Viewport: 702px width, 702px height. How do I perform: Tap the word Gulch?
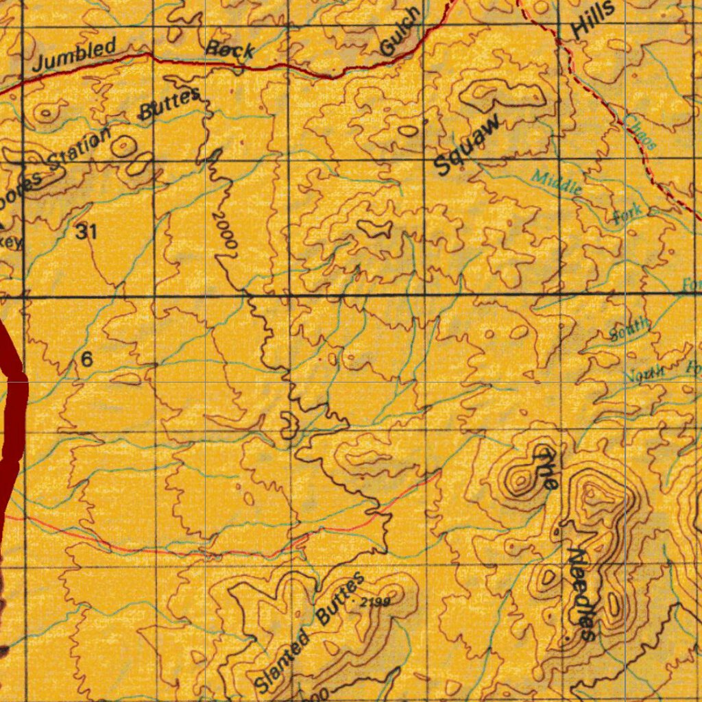[400, 32]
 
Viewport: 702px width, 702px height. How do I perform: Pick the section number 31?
[86, 232]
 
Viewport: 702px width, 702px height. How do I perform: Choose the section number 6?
[86, 359]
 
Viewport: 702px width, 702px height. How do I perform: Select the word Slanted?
[282, 662]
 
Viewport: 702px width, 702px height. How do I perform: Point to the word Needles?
[581, 594]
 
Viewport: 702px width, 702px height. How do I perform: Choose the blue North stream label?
[644, 374]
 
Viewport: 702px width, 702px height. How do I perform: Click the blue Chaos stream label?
[641, 132]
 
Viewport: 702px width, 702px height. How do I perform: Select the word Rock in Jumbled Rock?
[231, 49]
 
